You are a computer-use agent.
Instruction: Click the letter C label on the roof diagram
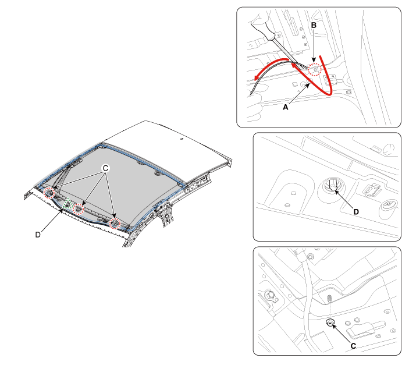point(105,168)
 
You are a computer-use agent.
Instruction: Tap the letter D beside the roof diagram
point(38,235)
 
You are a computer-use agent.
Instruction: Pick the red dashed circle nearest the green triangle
point(79,210)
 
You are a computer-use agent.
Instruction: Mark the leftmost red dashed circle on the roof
point(49,193)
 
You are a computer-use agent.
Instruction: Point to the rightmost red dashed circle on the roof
point(115,224)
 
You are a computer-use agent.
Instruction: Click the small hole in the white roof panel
point(182,139)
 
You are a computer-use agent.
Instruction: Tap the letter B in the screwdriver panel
point(314,26)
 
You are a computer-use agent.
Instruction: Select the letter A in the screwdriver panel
point(286,107)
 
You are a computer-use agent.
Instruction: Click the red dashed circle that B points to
point(315,69)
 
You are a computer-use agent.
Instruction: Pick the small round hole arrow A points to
point(304,84)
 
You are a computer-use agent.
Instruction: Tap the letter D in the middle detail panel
point(356,212)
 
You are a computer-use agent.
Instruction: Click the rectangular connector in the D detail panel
point(372,190)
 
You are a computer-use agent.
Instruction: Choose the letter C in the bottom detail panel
point(353,346)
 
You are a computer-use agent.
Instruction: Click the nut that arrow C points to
point(330,323)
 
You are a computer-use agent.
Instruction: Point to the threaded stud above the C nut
point(329,298)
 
